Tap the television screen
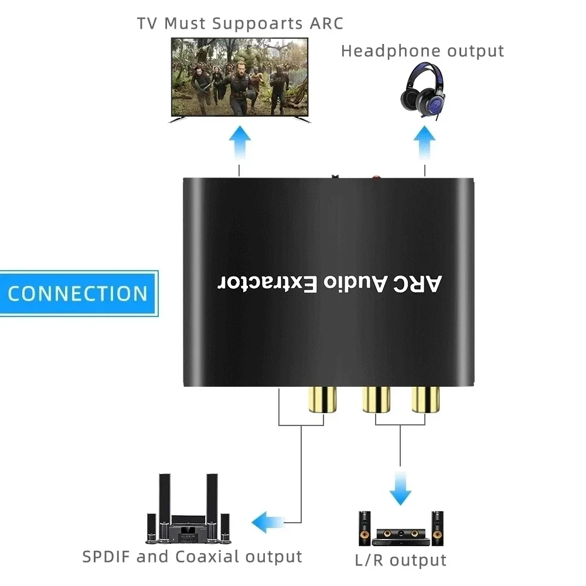(239, 77)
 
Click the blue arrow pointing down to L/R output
(401, 486)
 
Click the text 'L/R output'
(401, 560)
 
